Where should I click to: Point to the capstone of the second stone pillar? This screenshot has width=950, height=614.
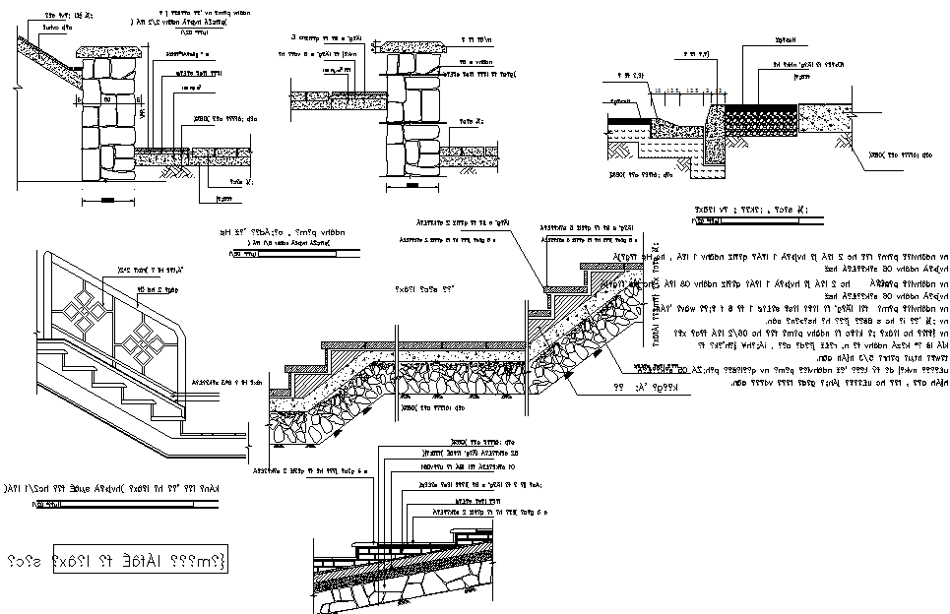coord(416,46)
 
